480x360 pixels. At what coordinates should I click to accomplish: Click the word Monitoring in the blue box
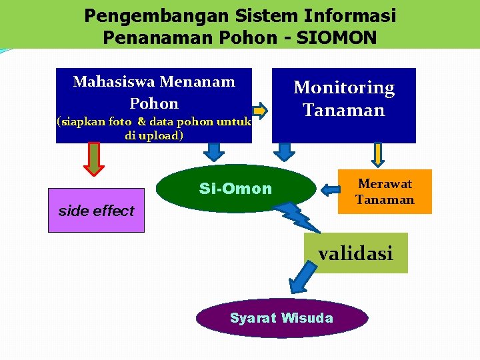344,88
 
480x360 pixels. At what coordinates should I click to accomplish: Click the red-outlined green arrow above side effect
94,159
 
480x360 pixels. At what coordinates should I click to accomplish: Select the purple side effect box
96,210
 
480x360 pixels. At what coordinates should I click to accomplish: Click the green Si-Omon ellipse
235,189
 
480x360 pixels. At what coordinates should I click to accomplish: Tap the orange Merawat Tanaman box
385,191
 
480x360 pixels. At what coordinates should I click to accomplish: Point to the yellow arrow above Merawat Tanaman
377,154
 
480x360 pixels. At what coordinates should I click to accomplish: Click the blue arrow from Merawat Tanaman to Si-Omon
329,190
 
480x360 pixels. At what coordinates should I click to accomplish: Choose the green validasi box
355,253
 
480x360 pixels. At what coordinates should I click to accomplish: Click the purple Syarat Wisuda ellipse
281,318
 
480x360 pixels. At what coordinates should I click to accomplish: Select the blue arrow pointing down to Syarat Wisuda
303,275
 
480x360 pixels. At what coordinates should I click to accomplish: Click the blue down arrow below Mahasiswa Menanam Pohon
213,153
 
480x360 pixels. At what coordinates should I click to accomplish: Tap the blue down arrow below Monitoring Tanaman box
285,153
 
